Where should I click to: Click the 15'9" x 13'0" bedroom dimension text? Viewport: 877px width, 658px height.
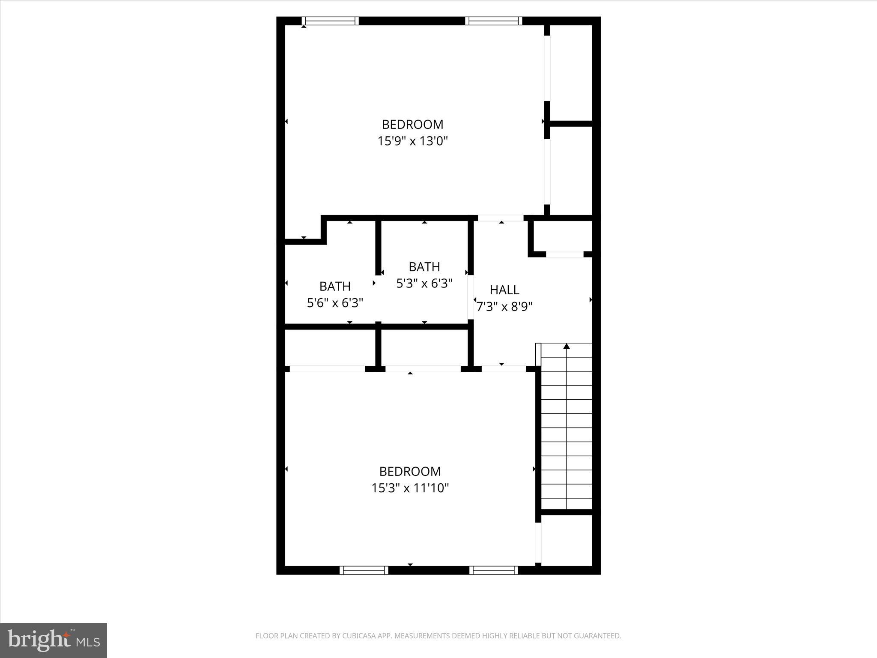[412, 141]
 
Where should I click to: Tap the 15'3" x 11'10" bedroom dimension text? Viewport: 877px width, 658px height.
[410, 488]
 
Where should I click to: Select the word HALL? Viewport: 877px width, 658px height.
[504, 290]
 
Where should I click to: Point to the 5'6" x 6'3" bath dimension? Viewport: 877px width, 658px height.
[335, 303]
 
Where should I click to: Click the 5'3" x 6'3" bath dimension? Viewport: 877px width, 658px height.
[424, 284]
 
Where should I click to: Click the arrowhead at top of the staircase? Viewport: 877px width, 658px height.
[567, 346]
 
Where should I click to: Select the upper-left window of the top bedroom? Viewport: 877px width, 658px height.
[330, 21]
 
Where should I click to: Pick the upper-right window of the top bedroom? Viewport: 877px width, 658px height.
[493, 21]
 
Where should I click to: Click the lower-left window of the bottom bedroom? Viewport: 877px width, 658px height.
[364, 570]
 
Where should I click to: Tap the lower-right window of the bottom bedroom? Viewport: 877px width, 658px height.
[493, 570]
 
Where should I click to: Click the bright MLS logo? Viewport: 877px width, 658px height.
[54, 640]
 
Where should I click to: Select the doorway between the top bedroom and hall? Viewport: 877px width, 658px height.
[501, 218]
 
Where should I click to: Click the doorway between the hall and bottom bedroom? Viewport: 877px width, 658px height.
[503, 369]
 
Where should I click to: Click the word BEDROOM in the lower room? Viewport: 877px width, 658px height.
[410, 471]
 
